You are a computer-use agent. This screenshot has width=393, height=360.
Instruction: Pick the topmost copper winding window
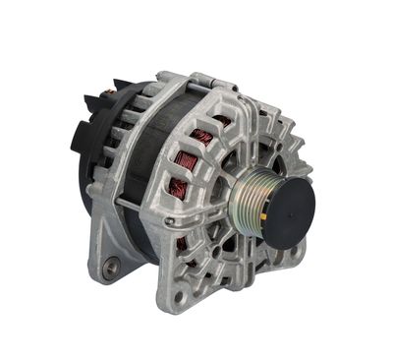coord(221,122)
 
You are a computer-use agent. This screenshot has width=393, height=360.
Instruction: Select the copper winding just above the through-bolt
coord(176,187)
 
